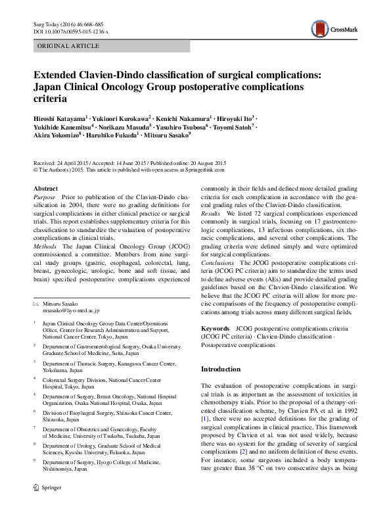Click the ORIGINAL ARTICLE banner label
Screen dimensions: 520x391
[69, 46]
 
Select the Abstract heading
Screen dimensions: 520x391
[45, 188]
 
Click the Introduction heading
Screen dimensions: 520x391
[222, 369]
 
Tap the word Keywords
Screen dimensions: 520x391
[215, 327]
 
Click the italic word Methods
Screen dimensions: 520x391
[45, 248]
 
